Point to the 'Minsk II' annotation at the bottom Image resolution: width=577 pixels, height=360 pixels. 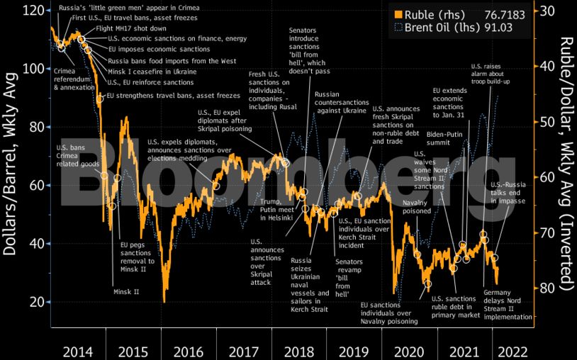pyautogui.click(x=127, y=291)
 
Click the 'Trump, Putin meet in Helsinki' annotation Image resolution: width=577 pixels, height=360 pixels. pyautogui.click(x=271, y=210)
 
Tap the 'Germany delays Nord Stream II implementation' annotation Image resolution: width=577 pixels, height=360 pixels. pyautogui.click(x=507, y=305)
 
